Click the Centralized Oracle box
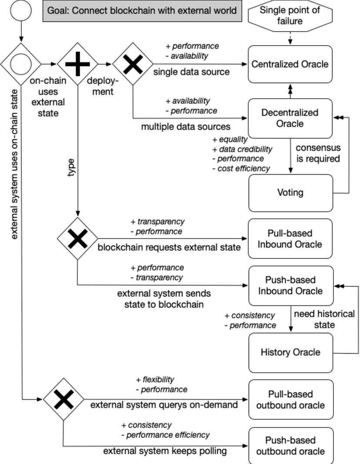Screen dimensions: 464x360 [290, 64]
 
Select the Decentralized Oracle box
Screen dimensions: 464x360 [290, 118]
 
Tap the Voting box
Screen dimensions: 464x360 [290, 192]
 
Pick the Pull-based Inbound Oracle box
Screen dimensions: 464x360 [290, 239]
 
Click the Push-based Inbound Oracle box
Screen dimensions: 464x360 [290, 285]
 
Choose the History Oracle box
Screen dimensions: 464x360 [290, 352]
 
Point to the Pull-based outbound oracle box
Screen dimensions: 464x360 [290, 400]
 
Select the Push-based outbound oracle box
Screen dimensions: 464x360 [290, 446]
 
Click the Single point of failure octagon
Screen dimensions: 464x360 [290, 16]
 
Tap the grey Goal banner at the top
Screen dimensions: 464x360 [142, 10]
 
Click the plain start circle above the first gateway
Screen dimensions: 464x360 [20, 10]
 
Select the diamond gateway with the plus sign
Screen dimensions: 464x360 [77, 64]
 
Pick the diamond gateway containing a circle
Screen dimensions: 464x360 [20, 64]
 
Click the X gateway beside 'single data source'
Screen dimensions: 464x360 [133, 64]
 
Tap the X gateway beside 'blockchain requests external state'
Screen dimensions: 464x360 [77, 239]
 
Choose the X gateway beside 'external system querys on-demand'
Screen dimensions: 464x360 [63, 399]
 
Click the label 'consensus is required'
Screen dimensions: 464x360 [318, 153]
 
